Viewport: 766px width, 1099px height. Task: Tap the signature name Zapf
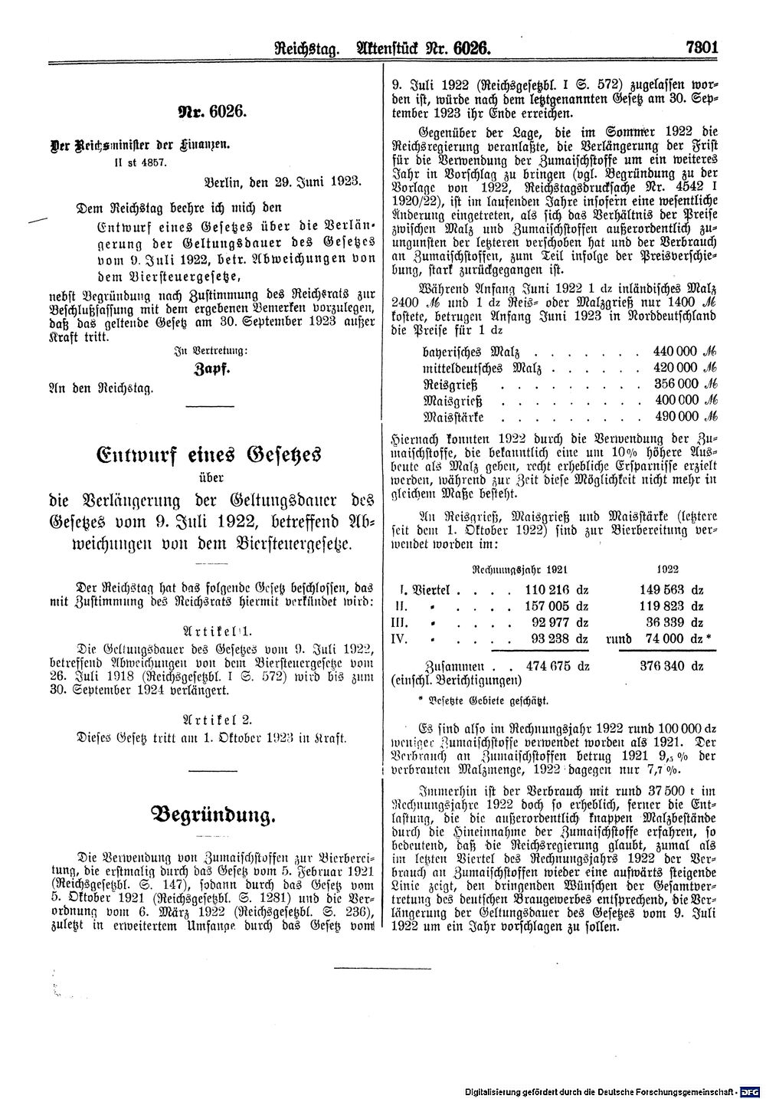click(198, 369)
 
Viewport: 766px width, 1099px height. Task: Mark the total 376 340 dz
click(672, 666)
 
